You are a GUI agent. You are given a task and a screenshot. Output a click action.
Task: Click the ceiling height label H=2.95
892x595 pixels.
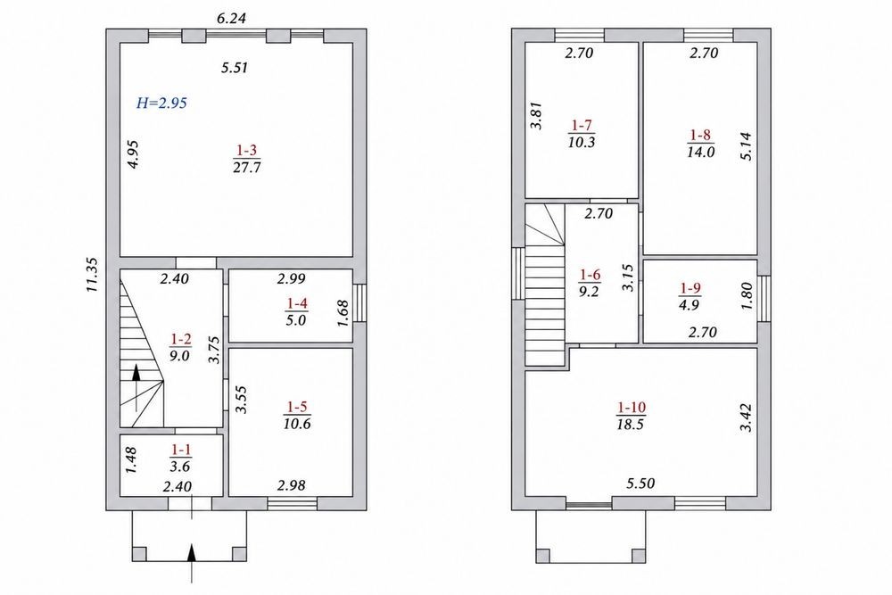click(x=162, y=103)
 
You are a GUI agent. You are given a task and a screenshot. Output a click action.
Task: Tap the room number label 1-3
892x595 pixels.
click(x=247, y=151)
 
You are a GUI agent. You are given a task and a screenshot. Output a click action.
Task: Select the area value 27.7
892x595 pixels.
click(x=247, y=168)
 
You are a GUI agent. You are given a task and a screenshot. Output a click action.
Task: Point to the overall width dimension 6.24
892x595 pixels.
click(x=232, y=18)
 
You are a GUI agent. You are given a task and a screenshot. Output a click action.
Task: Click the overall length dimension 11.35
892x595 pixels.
click(x=92, y=276)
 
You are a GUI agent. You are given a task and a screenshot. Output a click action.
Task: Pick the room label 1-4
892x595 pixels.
click(x=296, y=304)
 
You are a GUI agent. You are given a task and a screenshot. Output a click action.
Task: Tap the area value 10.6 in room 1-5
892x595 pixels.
click(x=297, y=424)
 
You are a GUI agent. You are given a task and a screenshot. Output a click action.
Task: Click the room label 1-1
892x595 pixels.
click(x=181, y=450)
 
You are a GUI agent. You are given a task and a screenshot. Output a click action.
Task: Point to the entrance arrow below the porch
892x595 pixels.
click(x=192, y=563)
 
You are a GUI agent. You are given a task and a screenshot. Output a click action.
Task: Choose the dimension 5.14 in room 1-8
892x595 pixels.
click(x=746, y=146)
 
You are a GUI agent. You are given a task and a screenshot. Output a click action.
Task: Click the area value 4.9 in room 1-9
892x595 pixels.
click(x=690, y=305)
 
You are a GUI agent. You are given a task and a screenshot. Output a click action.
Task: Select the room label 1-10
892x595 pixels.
click(x=631, y=408)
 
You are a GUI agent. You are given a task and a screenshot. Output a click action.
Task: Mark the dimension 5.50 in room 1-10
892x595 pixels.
click(x=640, y=483)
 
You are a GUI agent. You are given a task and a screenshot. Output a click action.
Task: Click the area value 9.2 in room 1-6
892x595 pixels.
click(x=589, y=292)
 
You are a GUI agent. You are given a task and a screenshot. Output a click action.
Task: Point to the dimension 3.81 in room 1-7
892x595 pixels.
click(x=535, y=116)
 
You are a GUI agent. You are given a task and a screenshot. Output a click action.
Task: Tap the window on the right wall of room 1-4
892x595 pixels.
click(x=359, y=303)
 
